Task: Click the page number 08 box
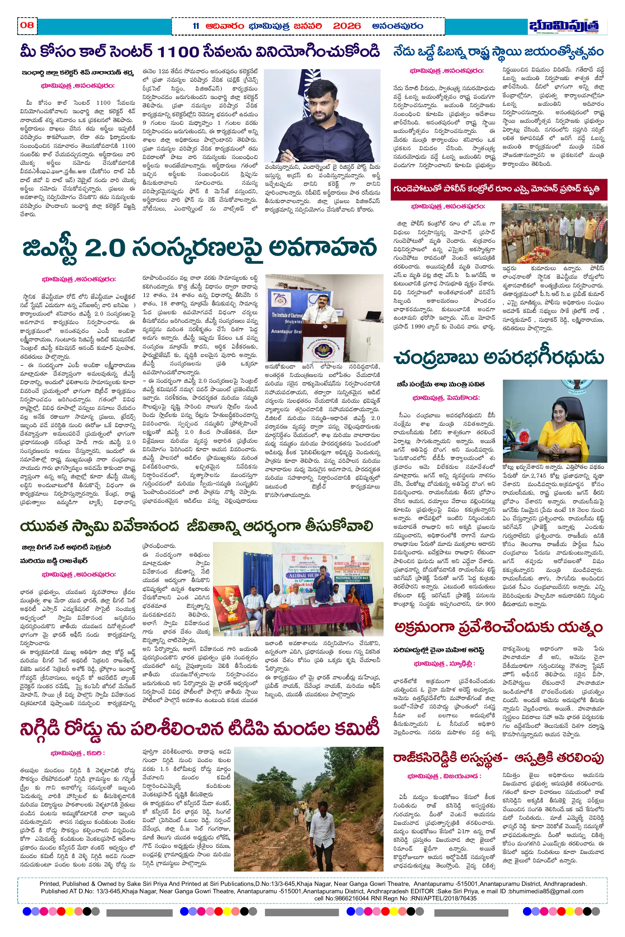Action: pyautogui.click(x=27, y=25)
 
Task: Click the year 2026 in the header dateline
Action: pyautogui.click(x=347, y=26)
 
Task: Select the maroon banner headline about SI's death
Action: pyautogui.click(x=498, y=189)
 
